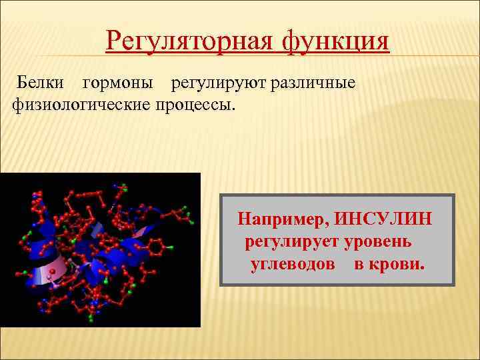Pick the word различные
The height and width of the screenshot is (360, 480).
pos(313,83)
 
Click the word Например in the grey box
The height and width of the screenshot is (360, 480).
pos(283,219)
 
